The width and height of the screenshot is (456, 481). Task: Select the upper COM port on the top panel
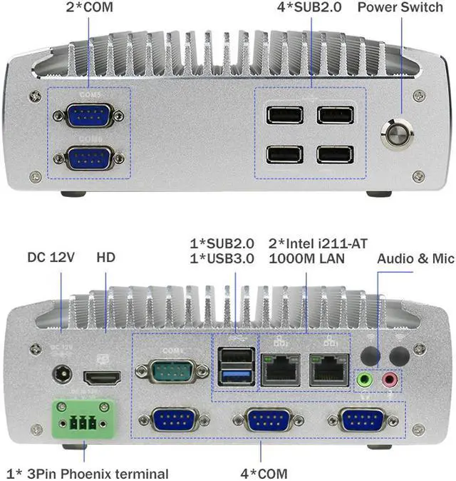tap(89, 115)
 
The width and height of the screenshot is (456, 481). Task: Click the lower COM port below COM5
tap(89, 157)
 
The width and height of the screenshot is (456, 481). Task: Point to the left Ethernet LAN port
tap(281, 370)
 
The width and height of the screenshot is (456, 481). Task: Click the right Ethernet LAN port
tap(328, 370)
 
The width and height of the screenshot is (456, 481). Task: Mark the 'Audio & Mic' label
tap(415, 258)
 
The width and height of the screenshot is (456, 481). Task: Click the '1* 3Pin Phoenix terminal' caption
tap(88, 473)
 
